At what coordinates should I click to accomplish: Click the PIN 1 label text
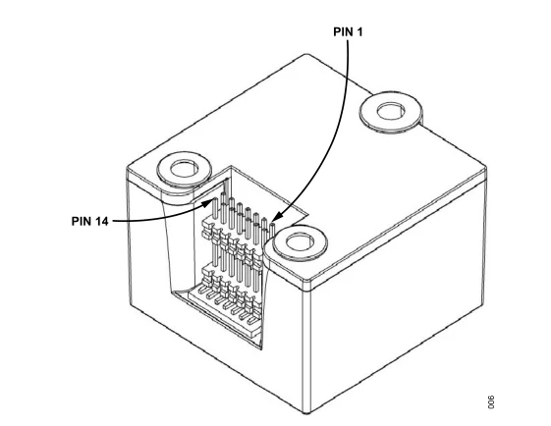click(348, 32)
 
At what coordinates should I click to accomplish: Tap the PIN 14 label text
click(89, 221)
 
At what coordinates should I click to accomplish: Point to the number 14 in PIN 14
click(101, 221)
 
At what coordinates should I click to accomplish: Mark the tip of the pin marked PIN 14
click(215, 199)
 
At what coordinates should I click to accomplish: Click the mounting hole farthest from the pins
click(390, 112)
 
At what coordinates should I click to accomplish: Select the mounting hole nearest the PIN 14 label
click(184, 169)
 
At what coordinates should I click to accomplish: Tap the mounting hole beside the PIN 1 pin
click(300, 243)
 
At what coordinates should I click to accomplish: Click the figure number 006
click(491, 402)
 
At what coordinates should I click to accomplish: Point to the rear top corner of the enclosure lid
click(306, 54)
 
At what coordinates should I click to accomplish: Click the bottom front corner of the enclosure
click(306, 412)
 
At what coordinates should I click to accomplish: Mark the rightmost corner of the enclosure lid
click(486, 169)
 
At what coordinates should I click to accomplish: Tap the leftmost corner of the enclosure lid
click(127, 169)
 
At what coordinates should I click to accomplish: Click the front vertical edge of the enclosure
click(306, 347)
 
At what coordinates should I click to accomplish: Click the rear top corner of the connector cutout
click(231, 166)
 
